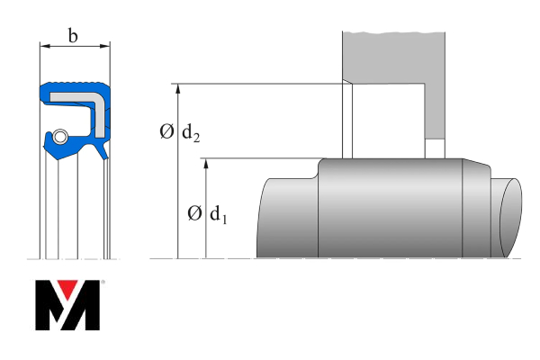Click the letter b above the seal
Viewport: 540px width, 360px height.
73,36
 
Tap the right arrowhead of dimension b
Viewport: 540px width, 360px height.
106,44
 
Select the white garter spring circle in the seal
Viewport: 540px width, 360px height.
58,137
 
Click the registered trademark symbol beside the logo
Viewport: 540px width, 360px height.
103,283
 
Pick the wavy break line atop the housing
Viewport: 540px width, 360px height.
393,34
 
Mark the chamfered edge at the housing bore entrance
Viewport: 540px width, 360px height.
347,90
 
